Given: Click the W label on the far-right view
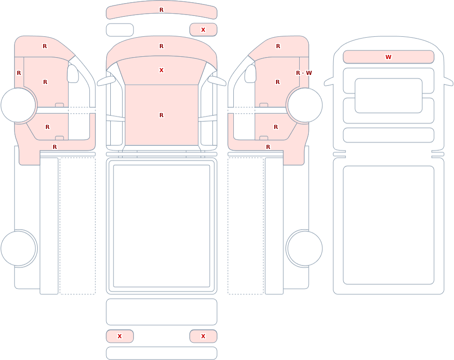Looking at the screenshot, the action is pos(388,57).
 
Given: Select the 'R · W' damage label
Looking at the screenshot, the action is pos(304,73).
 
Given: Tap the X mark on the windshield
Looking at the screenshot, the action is pos(161,70).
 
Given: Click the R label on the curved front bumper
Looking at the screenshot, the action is pos(161,10).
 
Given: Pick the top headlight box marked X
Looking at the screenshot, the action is pos(203,30).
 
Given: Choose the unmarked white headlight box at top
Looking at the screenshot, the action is pos(120,30).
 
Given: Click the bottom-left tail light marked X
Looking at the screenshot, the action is pos(120,336).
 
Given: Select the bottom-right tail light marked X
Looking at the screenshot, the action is pos(203,336).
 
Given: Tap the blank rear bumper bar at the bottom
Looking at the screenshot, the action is pos(162,353).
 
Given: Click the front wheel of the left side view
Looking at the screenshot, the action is pos(18,105).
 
